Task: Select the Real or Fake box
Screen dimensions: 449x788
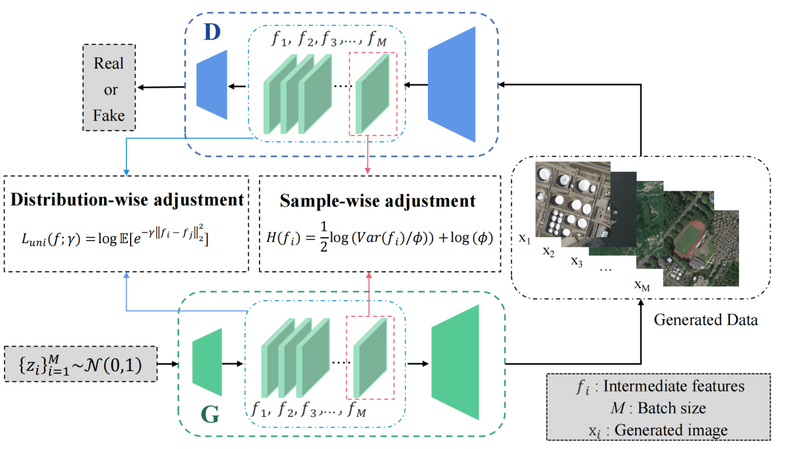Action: point(109,90)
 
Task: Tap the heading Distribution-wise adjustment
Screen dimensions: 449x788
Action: point(127,200)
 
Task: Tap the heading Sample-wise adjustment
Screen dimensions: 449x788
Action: point(378,200)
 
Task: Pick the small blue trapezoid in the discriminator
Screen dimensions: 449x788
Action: point(212,85)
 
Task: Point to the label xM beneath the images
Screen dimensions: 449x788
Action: point(642,285)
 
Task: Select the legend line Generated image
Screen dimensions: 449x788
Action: point(659,430)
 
